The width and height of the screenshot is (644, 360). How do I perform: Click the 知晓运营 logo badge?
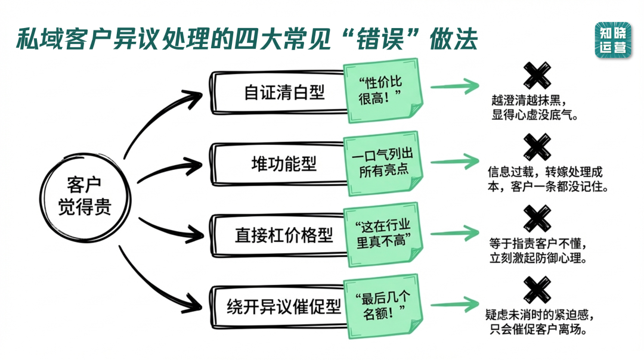612,40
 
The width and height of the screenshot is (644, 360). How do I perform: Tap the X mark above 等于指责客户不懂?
537,218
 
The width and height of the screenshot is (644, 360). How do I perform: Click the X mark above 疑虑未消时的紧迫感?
537,289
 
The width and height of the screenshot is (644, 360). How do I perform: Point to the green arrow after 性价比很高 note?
454,87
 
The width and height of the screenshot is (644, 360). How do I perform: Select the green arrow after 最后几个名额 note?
454,302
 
